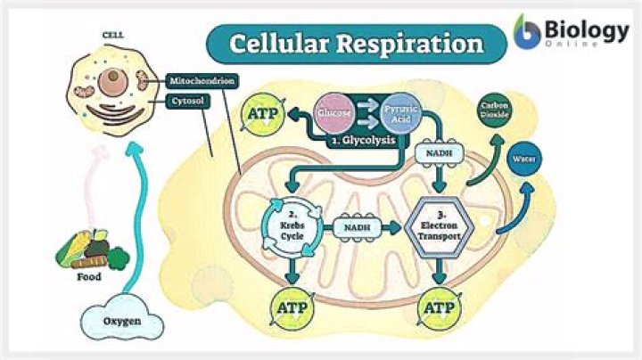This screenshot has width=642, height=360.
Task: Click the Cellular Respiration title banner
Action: coord(356,44)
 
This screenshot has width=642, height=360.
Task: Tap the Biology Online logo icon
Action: coord(529,32)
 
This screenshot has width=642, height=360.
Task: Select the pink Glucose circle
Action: coord(334,115)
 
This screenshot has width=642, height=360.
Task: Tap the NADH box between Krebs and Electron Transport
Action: coord(362,228)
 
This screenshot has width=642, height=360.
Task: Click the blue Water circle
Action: coord(522,160)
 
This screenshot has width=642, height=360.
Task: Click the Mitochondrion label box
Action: coord(202,82)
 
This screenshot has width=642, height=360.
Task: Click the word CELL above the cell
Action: coord(112,37)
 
